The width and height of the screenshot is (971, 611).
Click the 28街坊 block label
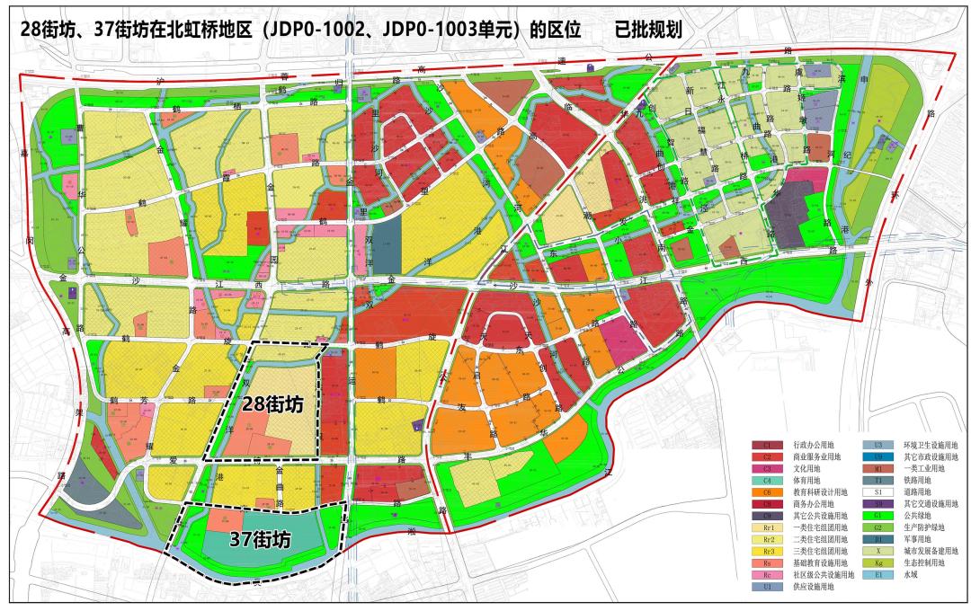coord(272,405)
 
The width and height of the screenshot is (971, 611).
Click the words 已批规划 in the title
coord(648,29)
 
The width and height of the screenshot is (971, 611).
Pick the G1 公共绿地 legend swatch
coord(876,516)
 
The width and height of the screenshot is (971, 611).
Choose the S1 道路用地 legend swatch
coord(876,492)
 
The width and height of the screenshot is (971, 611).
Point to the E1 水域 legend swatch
coord(876,574)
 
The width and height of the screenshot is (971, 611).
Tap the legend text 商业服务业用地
coord(818,457)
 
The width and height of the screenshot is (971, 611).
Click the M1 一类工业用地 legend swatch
coord(876,469)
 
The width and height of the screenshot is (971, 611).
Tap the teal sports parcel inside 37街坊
coord(270,539)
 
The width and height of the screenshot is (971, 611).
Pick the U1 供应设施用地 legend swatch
coord(767,586)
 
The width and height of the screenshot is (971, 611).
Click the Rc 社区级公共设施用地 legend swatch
coord(767,574)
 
